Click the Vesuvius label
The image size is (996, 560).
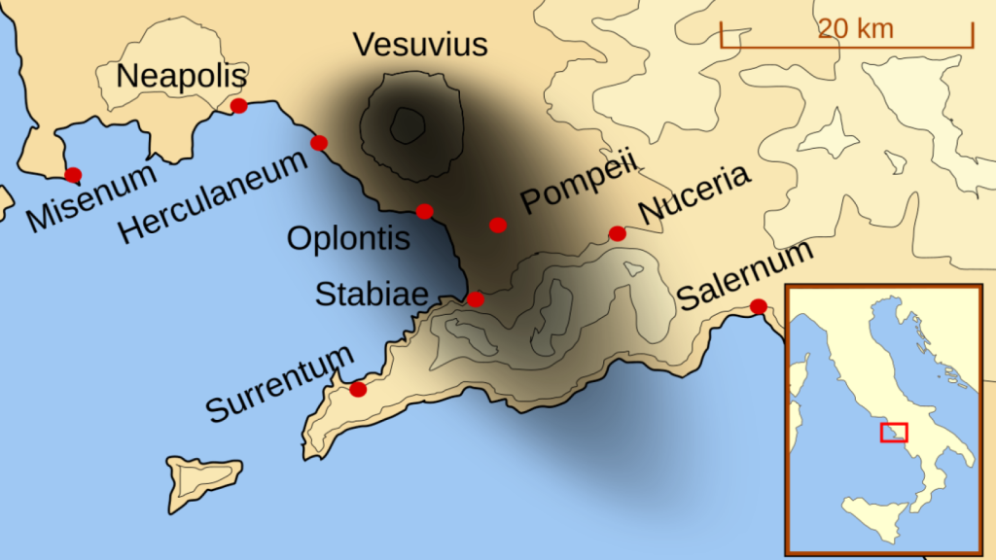click(420, 45)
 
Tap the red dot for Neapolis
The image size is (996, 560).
click(238, 106)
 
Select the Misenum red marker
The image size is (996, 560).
click(73, 175)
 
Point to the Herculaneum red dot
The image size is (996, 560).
click(318, 143)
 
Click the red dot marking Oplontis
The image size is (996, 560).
click(424, 211)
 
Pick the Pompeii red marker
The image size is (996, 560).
click(498, 225)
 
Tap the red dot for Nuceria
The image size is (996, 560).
click(617, 233)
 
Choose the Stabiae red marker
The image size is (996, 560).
click(475, 298)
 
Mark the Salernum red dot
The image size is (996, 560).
click(758, 307)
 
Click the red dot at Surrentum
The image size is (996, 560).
click(358, 389)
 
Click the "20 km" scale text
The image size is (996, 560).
click(855, 28)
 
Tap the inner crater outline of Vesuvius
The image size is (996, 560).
click(407, 123)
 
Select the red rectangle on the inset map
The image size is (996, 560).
click(893, 433)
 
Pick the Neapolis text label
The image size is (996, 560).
click(182, 75)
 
